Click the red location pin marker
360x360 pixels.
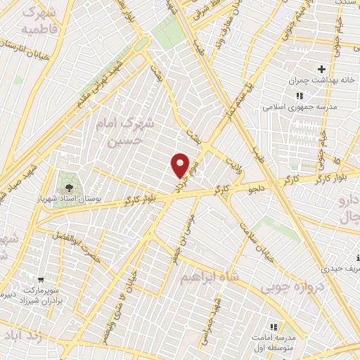181,165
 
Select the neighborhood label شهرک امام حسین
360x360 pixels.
123,132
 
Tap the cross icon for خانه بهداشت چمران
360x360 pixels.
321,69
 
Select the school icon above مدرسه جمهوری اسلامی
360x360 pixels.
300,96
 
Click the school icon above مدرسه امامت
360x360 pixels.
274,328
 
